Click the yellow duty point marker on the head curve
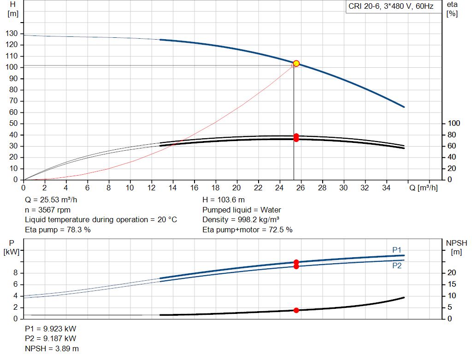(296, 64)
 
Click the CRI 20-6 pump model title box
(390, 7)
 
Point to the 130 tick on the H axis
(13, 34)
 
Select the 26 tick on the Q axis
(300, 188)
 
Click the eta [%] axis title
(452, 9)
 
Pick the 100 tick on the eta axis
(454, 124)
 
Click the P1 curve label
(397, 250)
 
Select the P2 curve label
(397, 266)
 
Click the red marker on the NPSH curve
(296, 310)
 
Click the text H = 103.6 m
(224, 200)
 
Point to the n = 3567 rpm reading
(47, 210)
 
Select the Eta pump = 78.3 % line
(58, 229)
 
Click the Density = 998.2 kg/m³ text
(241, 219)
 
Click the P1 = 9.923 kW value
(51, 330)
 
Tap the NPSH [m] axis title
(456, 247)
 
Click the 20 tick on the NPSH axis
(452, 273)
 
